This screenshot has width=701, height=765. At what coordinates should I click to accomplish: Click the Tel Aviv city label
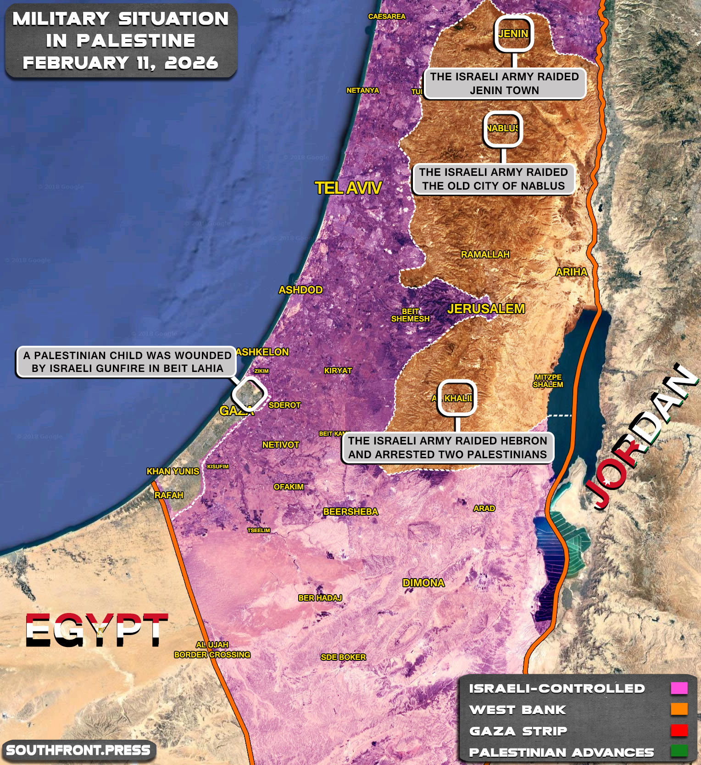coord(348,188)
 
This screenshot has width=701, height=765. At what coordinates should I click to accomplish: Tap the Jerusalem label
coord(486,309)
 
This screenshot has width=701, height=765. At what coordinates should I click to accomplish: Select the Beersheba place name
coord(350,512)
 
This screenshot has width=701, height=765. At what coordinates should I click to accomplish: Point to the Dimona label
coord(423,583)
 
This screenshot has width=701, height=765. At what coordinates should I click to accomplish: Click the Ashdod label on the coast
coord(300,290)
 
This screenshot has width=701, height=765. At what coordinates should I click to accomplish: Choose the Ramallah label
coord(485,254)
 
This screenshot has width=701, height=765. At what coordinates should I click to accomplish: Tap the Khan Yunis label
coord(172,471)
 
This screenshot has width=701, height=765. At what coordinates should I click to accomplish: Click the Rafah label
coord(169,495)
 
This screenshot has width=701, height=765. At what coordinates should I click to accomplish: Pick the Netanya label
coord(362,90)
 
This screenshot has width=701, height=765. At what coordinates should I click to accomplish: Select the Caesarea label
coord(386,17)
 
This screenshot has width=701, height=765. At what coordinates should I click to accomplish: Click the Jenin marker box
coord(513,34)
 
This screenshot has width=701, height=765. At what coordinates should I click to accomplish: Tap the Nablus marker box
coord(503,129)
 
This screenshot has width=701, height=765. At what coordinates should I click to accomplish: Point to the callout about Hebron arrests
coord(447,448)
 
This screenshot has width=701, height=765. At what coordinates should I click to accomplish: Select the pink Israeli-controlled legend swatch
coord(679,688)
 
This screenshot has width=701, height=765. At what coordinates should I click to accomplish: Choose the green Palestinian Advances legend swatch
coord(679,751)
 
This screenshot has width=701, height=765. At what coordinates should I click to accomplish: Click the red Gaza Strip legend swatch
coord(679,730)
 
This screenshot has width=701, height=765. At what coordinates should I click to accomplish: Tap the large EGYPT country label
coord(96,630)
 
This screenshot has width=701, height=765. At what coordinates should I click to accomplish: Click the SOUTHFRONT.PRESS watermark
coord(78,750)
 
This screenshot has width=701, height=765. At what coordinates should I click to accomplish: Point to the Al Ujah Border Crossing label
coord(212,650)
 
